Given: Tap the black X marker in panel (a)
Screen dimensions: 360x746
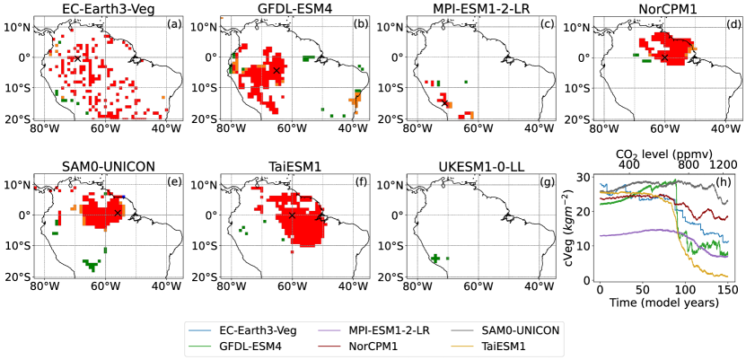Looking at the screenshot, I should pyautogui.click(x=77, y=57).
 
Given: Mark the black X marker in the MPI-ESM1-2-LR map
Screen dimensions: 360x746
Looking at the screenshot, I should pyautogui.click(x=443, y=103).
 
